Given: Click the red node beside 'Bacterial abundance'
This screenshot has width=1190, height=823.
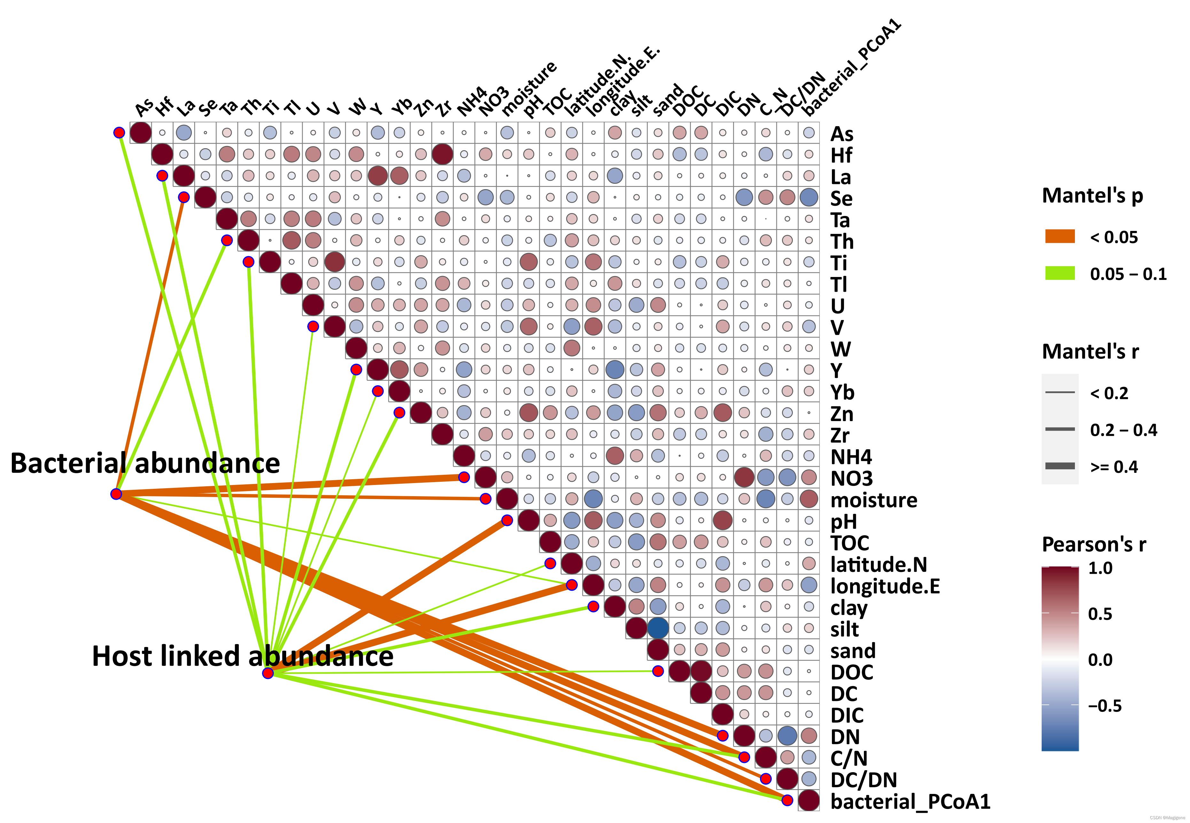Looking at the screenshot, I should coord(116,494).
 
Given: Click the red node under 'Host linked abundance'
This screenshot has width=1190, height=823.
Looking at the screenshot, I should coord(268,673).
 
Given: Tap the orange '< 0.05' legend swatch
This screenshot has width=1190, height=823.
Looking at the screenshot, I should coord(1060,237).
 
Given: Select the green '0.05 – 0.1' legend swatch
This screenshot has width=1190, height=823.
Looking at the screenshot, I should coord(1060,273).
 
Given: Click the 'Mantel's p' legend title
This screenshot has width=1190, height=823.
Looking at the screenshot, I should coord(1092,196).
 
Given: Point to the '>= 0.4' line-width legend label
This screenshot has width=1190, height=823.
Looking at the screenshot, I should coord(1114,467).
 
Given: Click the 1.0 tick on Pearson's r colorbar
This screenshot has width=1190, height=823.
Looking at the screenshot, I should coord(1100,568).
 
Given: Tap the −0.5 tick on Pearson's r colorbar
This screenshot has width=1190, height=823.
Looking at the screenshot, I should coord(1104,705).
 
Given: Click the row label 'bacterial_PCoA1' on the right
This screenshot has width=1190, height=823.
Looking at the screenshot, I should coord(910,801).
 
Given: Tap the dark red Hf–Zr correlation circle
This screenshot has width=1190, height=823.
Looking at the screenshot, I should coord(442,154).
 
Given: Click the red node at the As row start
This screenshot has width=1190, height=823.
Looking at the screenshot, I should coord(119,133).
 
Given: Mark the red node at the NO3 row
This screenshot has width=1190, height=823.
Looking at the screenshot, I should coord(464,477).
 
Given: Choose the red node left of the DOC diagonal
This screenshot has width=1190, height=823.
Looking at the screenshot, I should coord(658,671).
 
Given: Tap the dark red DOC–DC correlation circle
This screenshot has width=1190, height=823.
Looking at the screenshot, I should coord(701,671).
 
